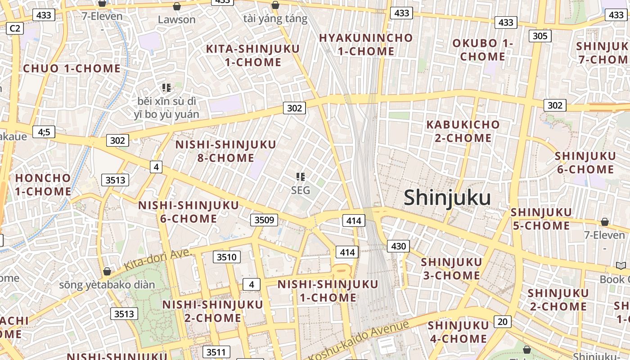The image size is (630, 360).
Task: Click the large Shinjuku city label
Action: coord(447,198)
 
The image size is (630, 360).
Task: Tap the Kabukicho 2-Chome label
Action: coord(463,131)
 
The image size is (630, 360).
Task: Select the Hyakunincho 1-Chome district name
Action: coord(366,45)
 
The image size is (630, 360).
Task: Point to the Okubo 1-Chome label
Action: coord(482,50)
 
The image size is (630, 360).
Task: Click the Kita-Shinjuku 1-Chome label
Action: coord(253,55)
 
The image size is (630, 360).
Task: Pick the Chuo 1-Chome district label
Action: coord(72,68)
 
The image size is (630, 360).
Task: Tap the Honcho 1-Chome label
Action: coord(43,184)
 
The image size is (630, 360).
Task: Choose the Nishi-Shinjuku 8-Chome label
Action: coord(226,151)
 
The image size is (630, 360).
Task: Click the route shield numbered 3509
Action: coord(264,220)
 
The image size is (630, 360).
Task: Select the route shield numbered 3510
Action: coord(226,257)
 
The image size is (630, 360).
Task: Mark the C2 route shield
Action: coord(15,28)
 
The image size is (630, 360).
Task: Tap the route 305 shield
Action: coord(540,36)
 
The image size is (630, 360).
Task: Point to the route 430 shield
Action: coord(399,246)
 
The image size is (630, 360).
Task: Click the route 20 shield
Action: coord(503,321)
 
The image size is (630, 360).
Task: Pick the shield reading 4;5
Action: coord(44,132)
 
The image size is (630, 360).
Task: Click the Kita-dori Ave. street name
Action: coord(157,260)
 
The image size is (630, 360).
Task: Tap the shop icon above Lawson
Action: coord(177,6)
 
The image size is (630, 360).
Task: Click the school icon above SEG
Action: coord(301,177)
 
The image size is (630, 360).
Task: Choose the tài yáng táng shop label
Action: coord(275,19)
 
